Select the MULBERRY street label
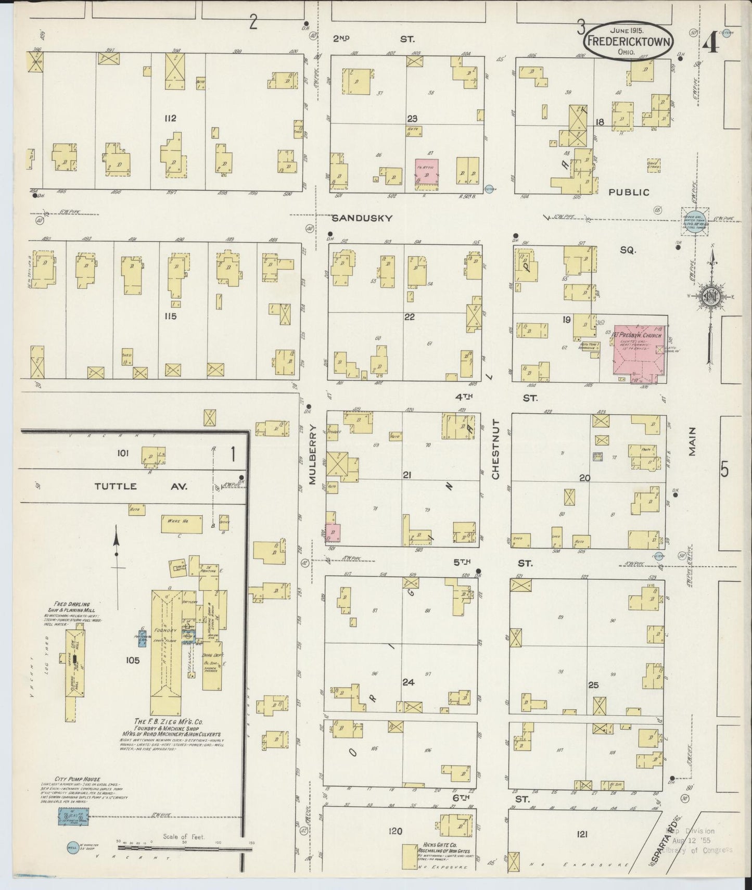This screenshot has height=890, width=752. click(x=313, y=454)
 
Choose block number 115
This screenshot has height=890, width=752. click(x=170, y=316)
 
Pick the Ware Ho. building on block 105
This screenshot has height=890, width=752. click(x=182, y=524)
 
